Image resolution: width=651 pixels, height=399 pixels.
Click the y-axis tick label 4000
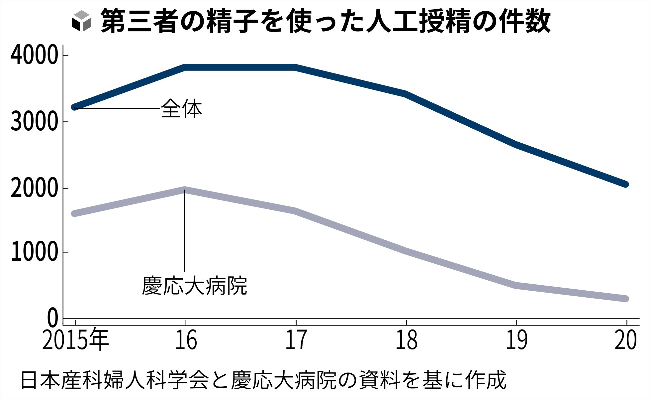click(35, 56)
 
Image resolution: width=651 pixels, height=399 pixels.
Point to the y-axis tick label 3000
click(35, 122)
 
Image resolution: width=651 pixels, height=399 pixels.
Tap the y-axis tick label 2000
click(35, 189)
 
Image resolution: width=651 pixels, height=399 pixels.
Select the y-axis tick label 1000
click(35, 252)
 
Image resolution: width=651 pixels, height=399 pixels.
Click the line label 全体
click(181, 109)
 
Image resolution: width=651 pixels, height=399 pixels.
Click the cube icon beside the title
click(81, 21)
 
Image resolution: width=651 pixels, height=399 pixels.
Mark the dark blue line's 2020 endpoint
click(625, 184)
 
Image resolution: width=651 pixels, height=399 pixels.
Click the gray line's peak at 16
click(185, 190)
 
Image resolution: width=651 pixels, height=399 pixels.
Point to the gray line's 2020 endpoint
click(625, 299)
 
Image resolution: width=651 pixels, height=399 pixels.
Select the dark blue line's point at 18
click(406, 94)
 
